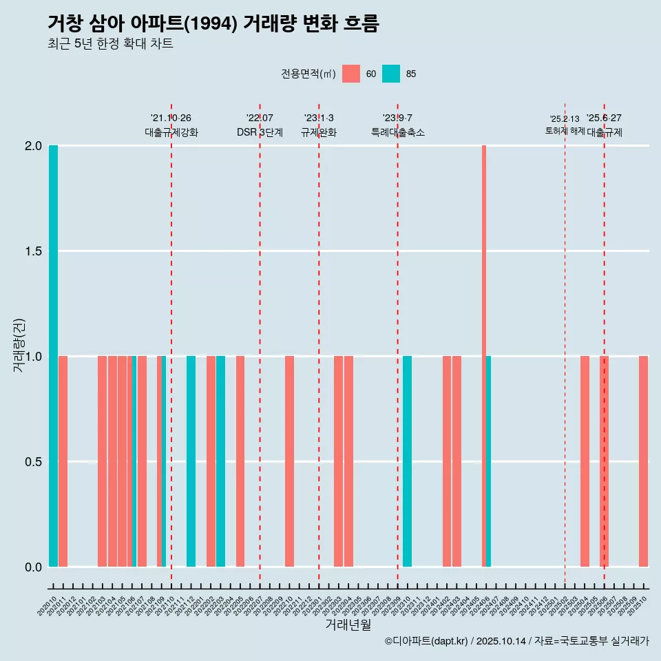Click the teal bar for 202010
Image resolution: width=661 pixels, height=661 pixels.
point(53,356)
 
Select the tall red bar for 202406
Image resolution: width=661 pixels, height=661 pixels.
point(484,356)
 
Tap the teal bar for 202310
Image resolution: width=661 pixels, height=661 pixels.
point(408,461)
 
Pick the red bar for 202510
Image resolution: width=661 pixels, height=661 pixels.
point(643,461)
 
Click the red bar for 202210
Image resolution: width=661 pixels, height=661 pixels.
point(289,461)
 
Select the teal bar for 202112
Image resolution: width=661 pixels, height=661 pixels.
point(191,461)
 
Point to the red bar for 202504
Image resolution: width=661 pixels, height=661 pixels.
point(585,461)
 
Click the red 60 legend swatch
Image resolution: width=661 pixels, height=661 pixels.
point(351,74)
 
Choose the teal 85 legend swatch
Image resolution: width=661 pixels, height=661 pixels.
point(391,74)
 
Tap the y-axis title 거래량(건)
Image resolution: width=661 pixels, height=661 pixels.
point(19,345)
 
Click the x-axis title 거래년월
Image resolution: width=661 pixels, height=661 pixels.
point(348,625)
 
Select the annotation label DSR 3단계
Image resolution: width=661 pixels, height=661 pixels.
point(260,133)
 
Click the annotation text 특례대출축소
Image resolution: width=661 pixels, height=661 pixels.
point(397,133)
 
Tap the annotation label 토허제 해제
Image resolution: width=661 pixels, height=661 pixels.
point(565,131)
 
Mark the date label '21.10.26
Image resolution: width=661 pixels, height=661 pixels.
point(171,118)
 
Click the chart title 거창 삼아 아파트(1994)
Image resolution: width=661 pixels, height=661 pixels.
point(213,23)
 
